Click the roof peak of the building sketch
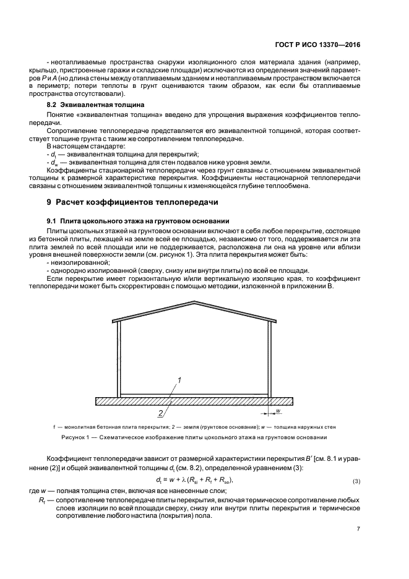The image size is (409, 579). [195, 302]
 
